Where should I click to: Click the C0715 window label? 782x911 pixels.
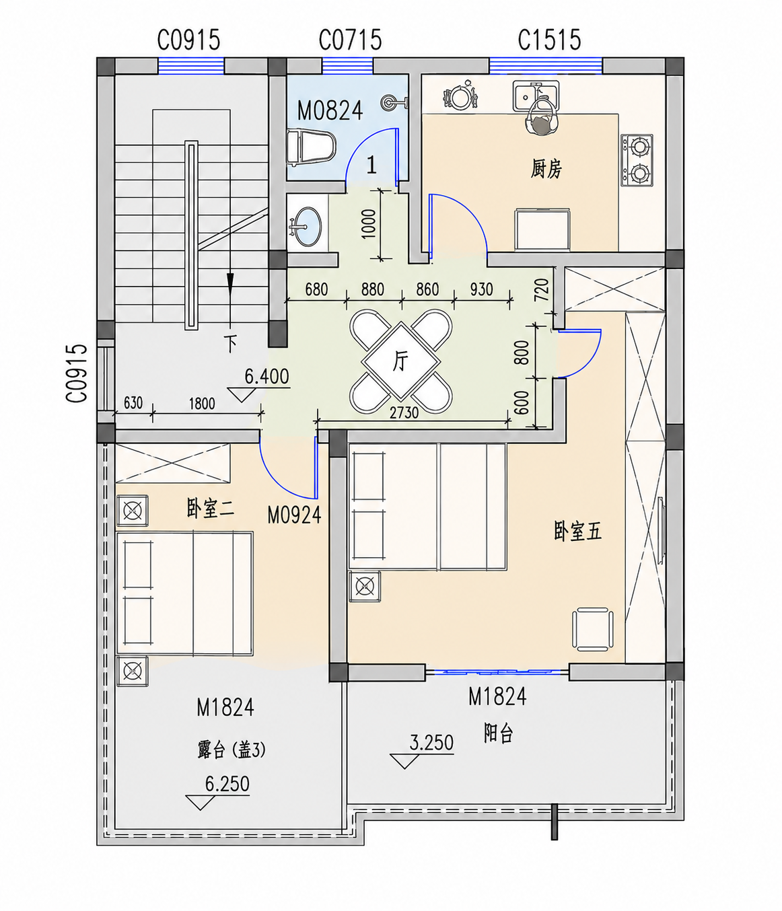(350, 40)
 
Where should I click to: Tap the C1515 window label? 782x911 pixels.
(549, 40)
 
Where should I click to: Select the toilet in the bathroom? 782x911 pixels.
(311, 147)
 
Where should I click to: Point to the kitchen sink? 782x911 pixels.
(536, 96)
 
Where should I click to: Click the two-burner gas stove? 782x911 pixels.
(637, 160)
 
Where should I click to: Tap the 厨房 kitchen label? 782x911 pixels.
(546, 169)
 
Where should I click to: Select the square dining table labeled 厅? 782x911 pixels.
(400, 361)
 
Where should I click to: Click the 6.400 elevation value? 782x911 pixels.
(266, 376)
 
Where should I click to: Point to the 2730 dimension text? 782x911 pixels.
(404, 412)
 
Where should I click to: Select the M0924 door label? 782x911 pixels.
(295, 514)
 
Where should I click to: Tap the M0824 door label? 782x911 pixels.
(330, 111)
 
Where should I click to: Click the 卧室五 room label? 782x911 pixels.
(577, 532)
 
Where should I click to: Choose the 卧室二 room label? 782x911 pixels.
(210, 509)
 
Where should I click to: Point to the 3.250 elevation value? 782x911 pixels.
(431, 743)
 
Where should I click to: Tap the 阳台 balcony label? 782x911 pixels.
(499, 734)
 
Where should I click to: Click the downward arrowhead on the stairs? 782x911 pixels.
(230, 281)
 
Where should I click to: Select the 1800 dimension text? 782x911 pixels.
(202, 403)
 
